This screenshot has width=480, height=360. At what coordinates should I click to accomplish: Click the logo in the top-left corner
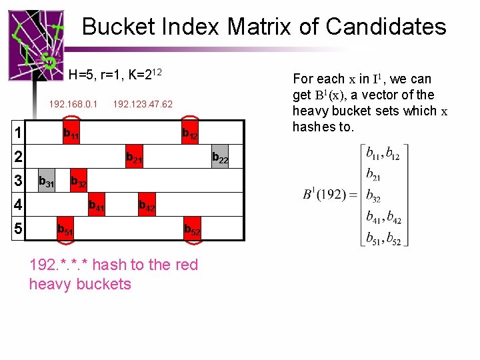tap(35, 45)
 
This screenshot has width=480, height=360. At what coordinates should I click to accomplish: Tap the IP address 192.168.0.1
tap(73, 104)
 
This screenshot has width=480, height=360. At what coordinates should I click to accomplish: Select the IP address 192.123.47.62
tap(143, 104)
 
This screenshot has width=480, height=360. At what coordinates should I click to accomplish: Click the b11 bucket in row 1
tap(71, 134)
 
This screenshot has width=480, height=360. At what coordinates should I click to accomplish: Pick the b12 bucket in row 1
tap(190, 134)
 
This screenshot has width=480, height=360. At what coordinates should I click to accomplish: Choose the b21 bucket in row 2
tap(134, 158)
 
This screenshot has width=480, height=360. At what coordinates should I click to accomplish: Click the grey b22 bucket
tap(220, 158)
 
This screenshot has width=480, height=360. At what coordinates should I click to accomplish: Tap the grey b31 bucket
tap(47, 181)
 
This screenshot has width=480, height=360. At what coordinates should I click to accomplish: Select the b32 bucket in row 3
tap(79, 182)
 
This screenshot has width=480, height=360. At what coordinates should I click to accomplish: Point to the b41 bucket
tap(97, 206)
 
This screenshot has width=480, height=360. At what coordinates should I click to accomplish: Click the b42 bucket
tap(147, 206)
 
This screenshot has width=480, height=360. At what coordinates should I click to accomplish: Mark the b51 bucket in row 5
tap(65, 229)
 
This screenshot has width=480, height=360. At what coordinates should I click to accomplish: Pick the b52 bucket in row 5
tap(192, 229)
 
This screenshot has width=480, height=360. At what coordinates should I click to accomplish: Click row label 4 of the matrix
tap(19, 204)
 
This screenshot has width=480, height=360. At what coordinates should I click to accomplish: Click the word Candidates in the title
tap(386, 27)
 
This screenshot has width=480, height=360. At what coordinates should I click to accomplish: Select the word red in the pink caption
tap(185, 265)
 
